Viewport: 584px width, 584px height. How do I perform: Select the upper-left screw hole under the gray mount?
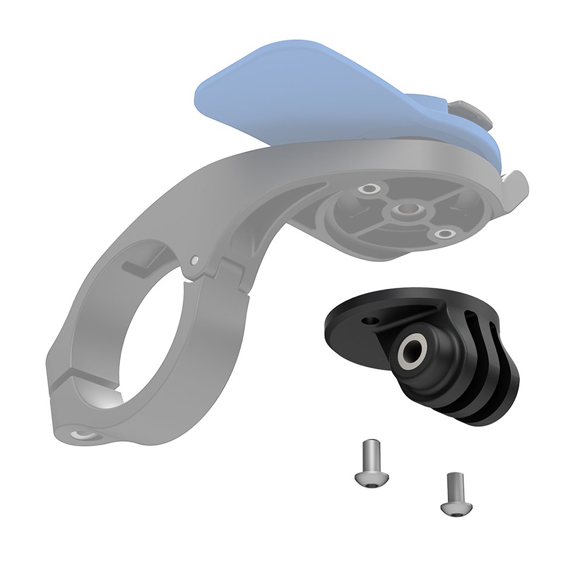(369, 189)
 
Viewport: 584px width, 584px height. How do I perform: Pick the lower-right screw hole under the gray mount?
(446, 234)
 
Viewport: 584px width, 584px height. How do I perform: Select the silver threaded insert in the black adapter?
(410, 349)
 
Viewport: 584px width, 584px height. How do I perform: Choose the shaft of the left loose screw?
(366, 453)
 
